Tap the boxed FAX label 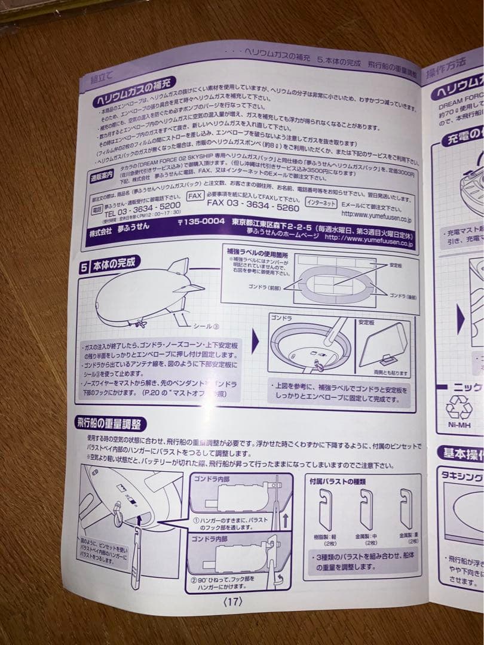click(195, 195)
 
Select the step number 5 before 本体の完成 click(85, 263)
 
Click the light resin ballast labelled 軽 click(324, 509)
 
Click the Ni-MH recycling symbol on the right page click(458, 407)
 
